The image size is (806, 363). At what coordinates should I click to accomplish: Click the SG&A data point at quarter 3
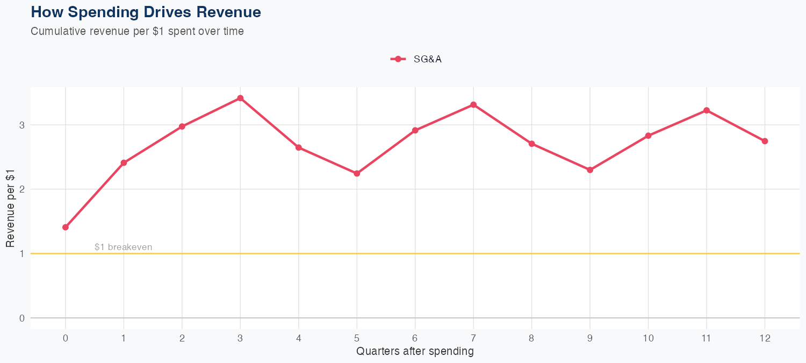click(240, 98)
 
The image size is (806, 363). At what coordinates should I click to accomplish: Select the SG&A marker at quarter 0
click(66, 227)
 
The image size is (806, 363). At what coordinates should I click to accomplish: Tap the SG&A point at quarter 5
click(357, 173)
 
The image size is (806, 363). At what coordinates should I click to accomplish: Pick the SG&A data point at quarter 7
click(473, 104)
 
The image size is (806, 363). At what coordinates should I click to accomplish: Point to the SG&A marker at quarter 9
click(590, 170)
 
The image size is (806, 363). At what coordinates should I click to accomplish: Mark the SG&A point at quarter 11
click(707, 110)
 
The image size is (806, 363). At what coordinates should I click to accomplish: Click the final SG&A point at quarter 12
click(765, 141)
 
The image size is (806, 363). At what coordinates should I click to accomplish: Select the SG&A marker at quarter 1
click(124, 162)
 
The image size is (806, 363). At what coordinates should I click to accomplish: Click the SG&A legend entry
click(416, 59)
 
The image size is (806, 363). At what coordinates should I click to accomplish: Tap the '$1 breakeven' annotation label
click(123, 247)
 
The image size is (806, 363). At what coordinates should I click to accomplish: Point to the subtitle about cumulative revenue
click(137, 31)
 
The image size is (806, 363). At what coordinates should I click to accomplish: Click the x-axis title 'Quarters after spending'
click(415, 352)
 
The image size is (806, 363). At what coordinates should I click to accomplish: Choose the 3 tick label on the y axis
click(22, 125)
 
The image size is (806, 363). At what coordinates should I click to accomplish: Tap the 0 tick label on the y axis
click(22, 318)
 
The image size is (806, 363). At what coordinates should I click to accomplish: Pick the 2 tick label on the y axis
click(22, 189)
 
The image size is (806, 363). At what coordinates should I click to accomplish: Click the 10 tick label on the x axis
click(648, 338)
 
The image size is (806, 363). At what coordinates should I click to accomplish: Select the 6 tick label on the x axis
click(415, 338)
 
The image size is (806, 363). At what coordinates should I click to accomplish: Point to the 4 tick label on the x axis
click(298, 338)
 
